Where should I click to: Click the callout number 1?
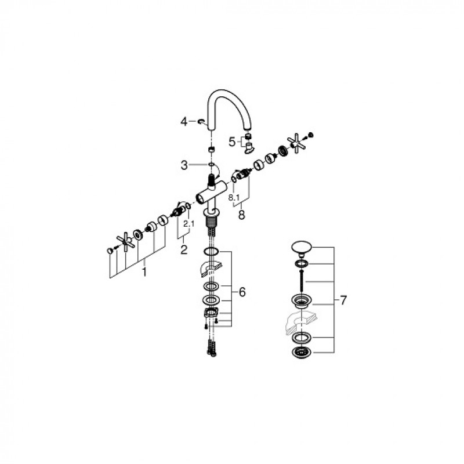144,272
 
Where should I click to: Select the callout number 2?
184,250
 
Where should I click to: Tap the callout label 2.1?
188,224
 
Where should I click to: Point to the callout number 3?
184,165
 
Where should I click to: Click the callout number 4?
184,121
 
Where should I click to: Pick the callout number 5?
233,142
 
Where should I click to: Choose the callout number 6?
242,292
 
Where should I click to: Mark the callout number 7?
343,300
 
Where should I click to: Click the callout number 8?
242,215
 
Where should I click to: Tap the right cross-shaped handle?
296,144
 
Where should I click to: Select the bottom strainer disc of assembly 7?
301,353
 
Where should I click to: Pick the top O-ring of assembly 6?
211,252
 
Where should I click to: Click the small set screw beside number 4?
201,121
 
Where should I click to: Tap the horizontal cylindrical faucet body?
211,193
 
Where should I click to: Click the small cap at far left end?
110,251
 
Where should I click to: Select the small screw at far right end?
310,135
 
